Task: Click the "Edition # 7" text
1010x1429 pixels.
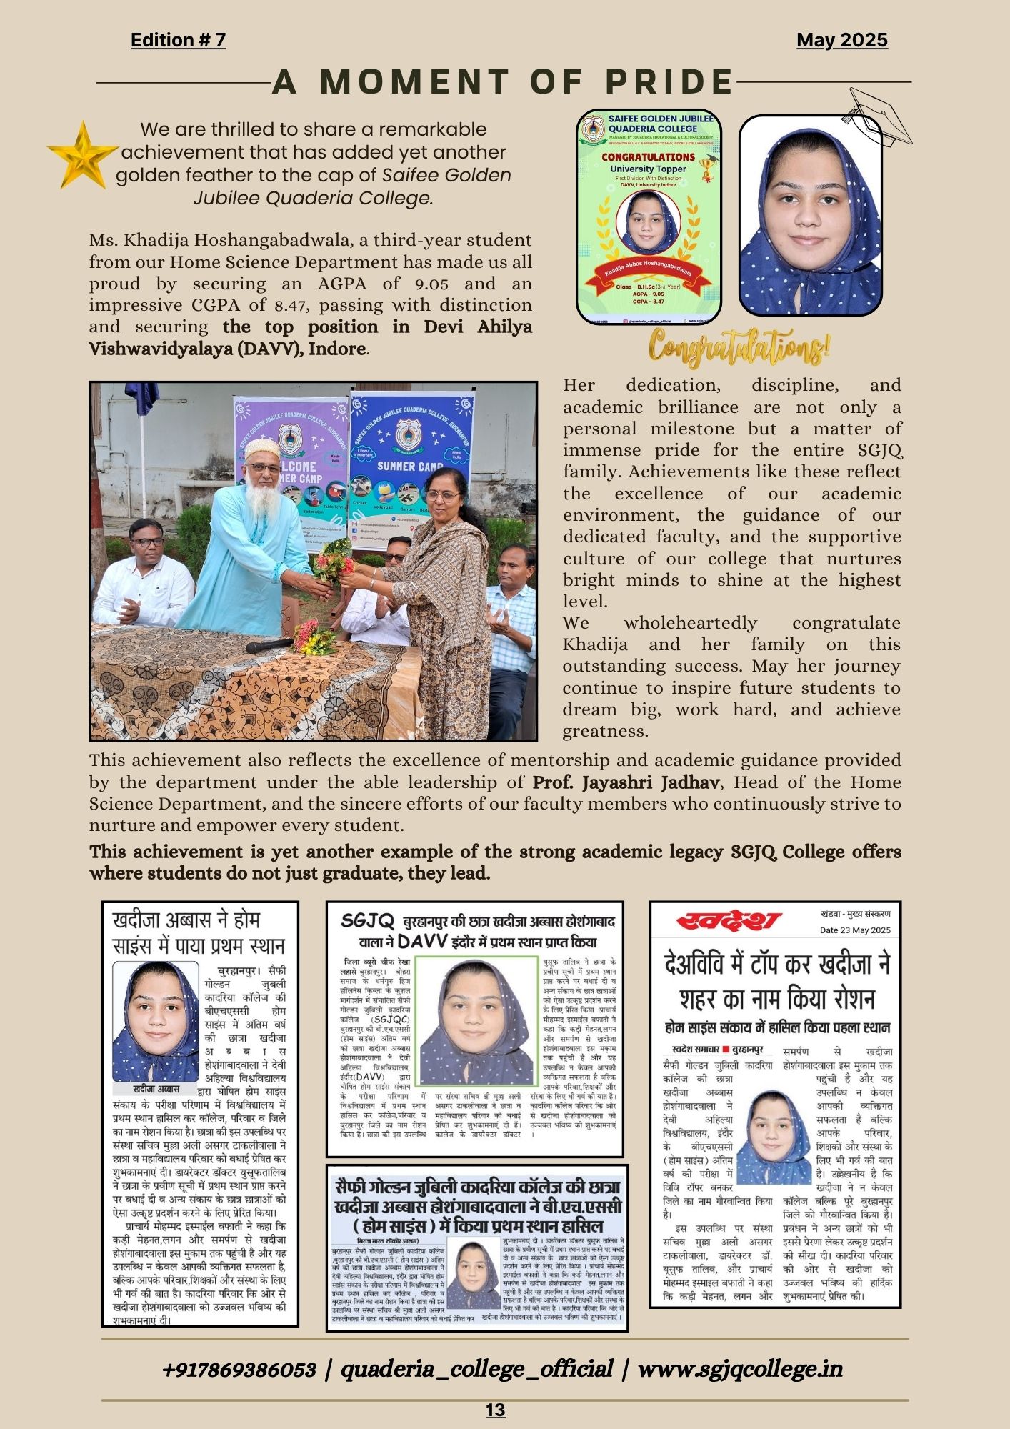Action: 178,40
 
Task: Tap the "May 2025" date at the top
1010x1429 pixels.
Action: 841,40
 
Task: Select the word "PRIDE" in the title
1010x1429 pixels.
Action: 669,82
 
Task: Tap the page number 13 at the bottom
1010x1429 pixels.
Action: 495,1410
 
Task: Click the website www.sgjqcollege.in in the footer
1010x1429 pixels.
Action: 740,1368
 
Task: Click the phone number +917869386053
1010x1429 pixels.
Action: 239,1369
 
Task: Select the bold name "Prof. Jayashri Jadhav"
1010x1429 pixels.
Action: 625,782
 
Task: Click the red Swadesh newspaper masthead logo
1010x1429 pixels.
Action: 729,921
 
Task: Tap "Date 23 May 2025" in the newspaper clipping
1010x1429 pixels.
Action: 855,930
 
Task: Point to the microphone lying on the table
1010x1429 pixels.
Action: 268,646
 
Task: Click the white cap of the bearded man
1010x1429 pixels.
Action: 262,447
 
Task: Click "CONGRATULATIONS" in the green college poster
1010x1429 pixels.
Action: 647,157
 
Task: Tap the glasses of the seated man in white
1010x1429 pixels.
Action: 148,542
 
